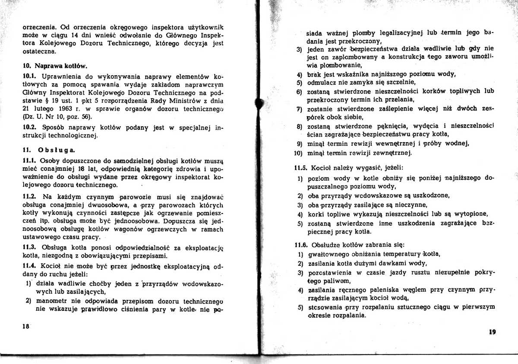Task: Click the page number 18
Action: point(25,327)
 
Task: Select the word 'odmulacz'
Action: point(322,82)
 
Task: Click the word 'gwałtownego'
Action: point(327,254)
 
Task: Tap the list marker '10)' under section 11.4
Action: point(297,153)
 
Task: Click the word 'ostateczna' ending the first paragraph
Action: point(39,51)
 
